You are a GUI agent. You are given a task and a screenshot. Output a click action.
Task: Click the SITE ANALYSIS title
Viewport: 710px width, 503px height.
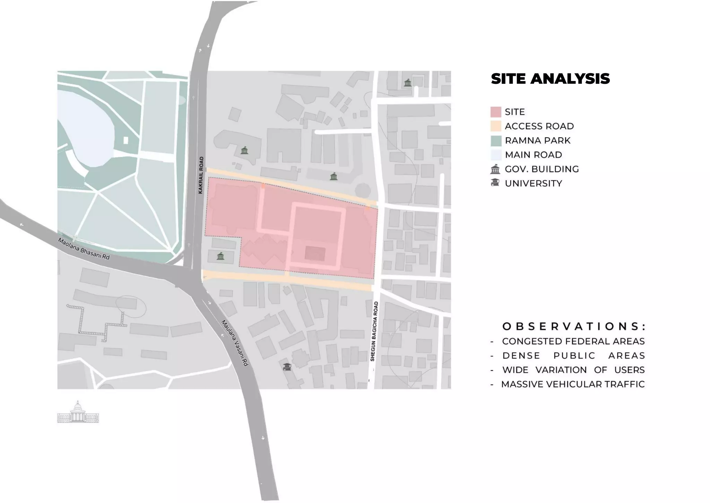click(550, 79)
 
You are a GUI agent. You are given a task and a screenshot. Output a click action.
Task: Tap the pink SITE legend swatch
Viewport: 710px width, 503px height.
click(496, 112)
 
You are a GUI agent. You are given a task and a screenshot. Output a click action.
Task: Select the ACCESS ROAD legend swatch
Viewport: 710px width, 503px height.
click(496, 126)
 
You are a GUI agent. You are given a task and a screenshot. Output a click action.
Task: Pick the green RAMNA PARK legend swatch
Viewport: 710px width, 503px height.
click(496, 140)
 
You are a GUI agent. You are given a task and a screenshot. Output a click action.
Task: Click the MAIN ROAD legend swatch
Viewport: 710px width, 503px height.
click(496, 155)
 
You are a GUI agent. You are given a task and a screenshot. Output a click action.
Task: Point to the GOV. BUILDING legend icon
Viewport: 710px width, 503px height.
click(495, 169)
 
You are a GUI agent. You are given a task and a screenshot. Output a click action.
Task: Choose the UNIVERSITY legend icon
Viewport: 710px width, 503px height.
click(495, 183)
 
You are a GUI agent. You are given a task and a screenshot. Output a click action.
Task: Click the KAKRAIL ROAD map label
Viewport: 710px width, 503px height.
click(201, 175)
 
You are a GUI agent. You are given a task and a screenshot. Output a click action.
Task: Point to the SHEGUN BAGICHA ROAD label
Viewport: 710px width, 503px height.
click(374, 332)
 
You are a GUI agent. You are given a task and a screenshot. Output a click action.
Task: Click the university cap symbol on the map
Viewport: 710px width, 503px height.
click(287, 367)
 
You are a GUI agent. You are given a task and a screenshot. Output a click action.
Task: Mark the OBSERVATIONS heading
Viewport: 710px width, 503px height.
click(574, 326)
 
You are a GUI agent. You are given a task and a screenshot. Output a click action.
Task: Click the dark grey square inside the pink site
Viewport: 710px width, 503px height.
click(315, 254)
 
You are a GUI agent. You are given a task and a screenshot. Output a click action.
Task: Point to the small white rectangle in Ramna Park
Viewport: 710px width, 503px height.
click(126, 140)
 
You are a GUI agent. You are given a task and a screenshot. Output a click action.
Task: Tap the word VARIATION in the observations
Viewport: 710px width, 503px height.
click(561, 370)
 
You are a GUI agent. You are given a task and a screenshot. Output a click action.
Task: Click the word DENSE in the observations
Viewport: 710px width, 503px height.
click(521, 356)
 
